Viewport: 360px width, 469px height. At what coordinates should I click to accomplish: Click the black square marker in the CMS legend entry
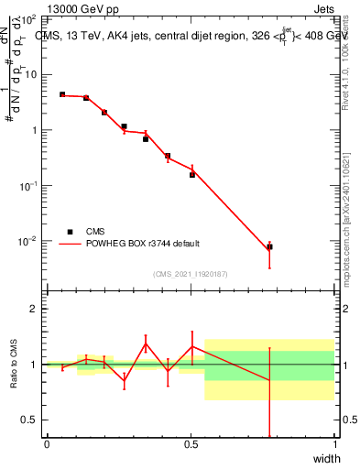pos(70,232)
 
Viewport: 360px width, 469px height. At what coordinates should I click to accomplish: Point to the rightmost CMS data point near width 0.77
pos(269,247)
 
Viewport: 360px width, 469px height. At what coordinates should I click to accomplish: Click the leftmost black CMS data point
pos(62,94)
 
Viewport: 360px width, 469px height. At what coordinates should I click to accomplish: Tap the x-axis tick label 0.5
pos(191,444)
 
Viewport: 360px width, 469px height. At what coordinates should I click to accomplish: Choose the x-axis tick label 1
pos(334,444)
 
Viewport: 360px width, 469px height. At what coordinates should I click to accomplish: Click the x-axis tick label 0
pos(47,444)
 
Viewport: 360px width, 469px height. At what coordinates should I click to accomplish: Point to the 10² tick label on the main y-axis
pos(30,18)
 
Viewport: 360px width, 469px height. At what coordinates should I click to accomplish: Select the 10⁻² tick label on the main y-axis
pos(30,242)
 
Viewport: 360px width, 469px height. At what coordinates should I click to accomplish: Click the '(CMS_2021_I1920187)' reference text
pos(191,274)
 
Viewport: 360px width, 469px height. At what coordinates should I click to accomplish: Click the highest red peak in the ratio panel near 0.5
pos(191,345)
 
